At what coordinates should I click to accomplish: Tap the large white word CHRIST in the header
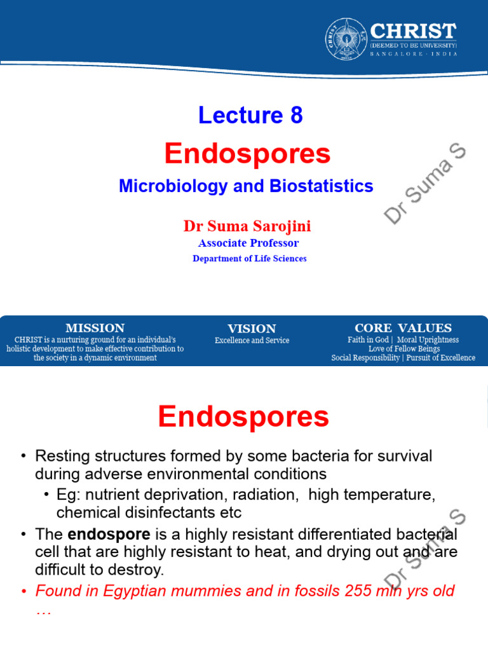tap(413, 31)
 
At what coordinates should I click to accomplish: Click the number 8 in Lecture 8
tap(296, 115)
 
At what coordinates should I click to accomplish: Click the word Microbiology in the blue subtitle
tap(173, 186)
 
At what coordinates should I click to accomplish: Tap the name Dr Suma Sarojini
tap(247, 226)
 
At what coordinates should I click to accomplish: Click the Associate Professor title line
tap(248, 243)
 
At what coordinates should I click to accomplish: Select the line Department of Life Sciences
tap(250, 259)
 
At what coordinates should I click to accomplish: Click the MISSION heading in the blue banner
tap(95, 328)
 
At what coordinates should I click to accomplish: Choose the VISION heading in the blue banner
tap(252, 329)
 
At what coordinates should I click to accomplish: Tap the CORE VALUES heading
tap(403, 328)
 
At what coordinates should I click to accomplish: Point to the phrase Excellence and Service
tap(252, 341)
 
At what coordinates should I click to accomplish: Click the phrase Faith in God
tap(368, 340)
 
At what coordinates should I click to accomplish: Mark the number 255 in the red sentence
tap(357, 591)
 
